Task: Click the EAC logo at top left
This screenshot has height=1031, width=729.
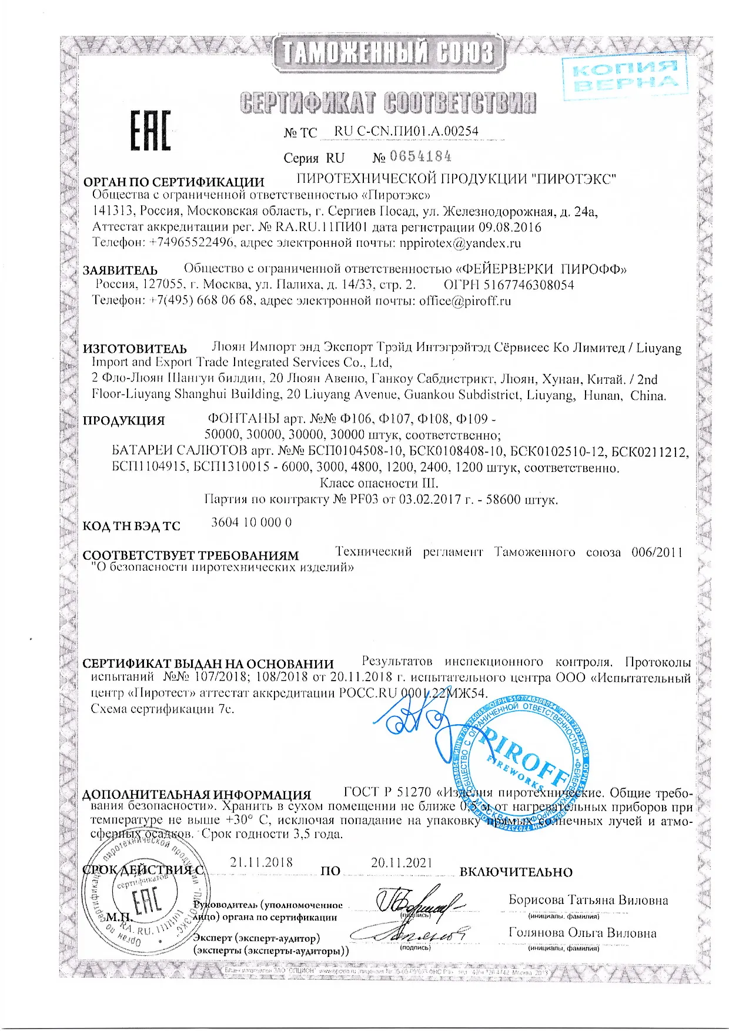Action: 150,130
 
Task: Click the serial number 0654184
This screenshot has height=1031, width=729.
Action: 420,157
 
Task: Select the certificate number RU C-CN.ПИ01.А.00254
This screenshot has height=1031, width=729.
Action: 406,131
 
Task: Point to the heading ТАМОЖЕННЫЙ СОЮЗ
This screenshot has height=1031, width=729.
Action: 389,53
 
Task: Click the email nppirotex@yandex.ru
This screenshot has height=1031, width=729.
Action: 460,243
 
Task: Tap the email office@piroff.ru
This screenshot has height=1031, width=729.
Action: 464,301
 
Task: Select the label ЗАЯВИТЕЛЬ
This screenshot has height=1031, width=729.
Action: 120,270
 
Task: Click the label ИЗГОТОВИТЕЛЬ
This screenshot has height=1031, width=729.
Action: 135,349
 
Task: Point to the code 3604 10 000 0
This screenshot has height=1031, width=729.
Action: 251,523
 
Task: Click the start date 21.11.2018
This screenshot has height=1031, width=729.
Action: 261,862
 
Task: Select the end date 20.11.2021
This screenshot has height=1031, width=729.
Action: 402,863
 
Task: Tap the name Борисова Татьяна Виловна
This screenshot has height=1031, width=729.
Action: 588,900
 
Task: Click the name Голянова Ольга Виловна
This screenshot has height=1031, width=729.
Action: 582,933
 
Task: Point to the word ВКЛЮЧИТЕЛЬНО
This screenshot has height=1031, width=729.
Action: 516,872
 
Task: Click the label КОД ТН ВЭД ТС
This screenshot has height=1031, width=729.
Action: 131,526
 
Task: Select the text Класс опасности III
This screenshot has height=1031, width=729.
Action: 379,483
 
